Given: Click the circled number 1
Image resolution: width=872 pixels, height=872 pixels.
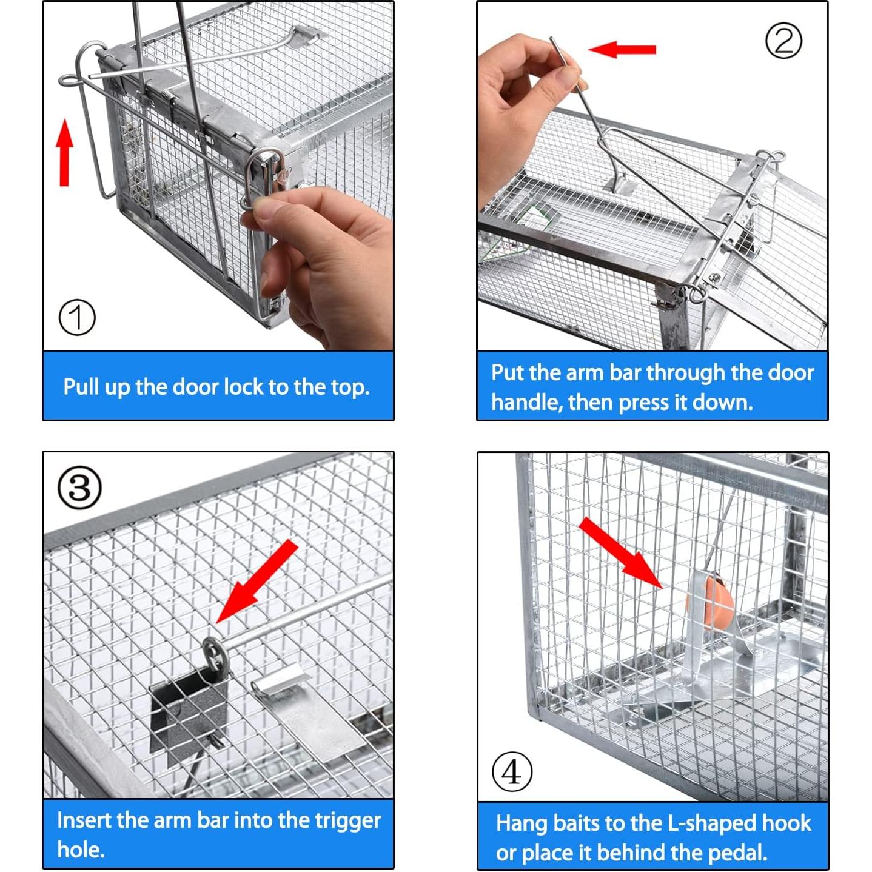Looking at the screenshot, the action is [77, 317].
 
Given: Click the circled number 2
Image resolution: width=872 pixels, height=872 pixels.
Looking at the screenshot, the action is [783, 41].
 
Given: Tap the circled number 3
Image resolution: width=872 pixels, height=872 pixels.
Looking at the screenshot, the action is [79, 488].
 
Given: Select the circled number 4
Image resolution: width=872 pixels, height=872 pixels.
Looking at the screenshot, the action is [512, 771].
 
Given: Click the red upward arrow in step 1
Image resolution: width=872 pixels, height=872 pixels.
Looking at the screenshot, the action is [64, 152].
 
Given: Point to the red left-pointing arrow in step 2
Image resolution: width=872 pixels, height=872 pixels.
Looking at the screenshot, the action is [622, 49].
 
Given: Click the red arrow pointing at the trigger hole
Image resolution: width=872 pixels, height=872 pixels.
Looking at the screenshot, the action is [257, 582].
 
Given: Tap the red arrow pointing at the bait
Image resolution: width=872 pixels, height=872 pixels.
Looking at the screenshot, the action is [620, 553].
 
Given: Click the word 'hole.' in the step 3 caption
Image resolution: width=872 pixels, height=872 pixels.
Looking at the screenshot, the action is [81, 850].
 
